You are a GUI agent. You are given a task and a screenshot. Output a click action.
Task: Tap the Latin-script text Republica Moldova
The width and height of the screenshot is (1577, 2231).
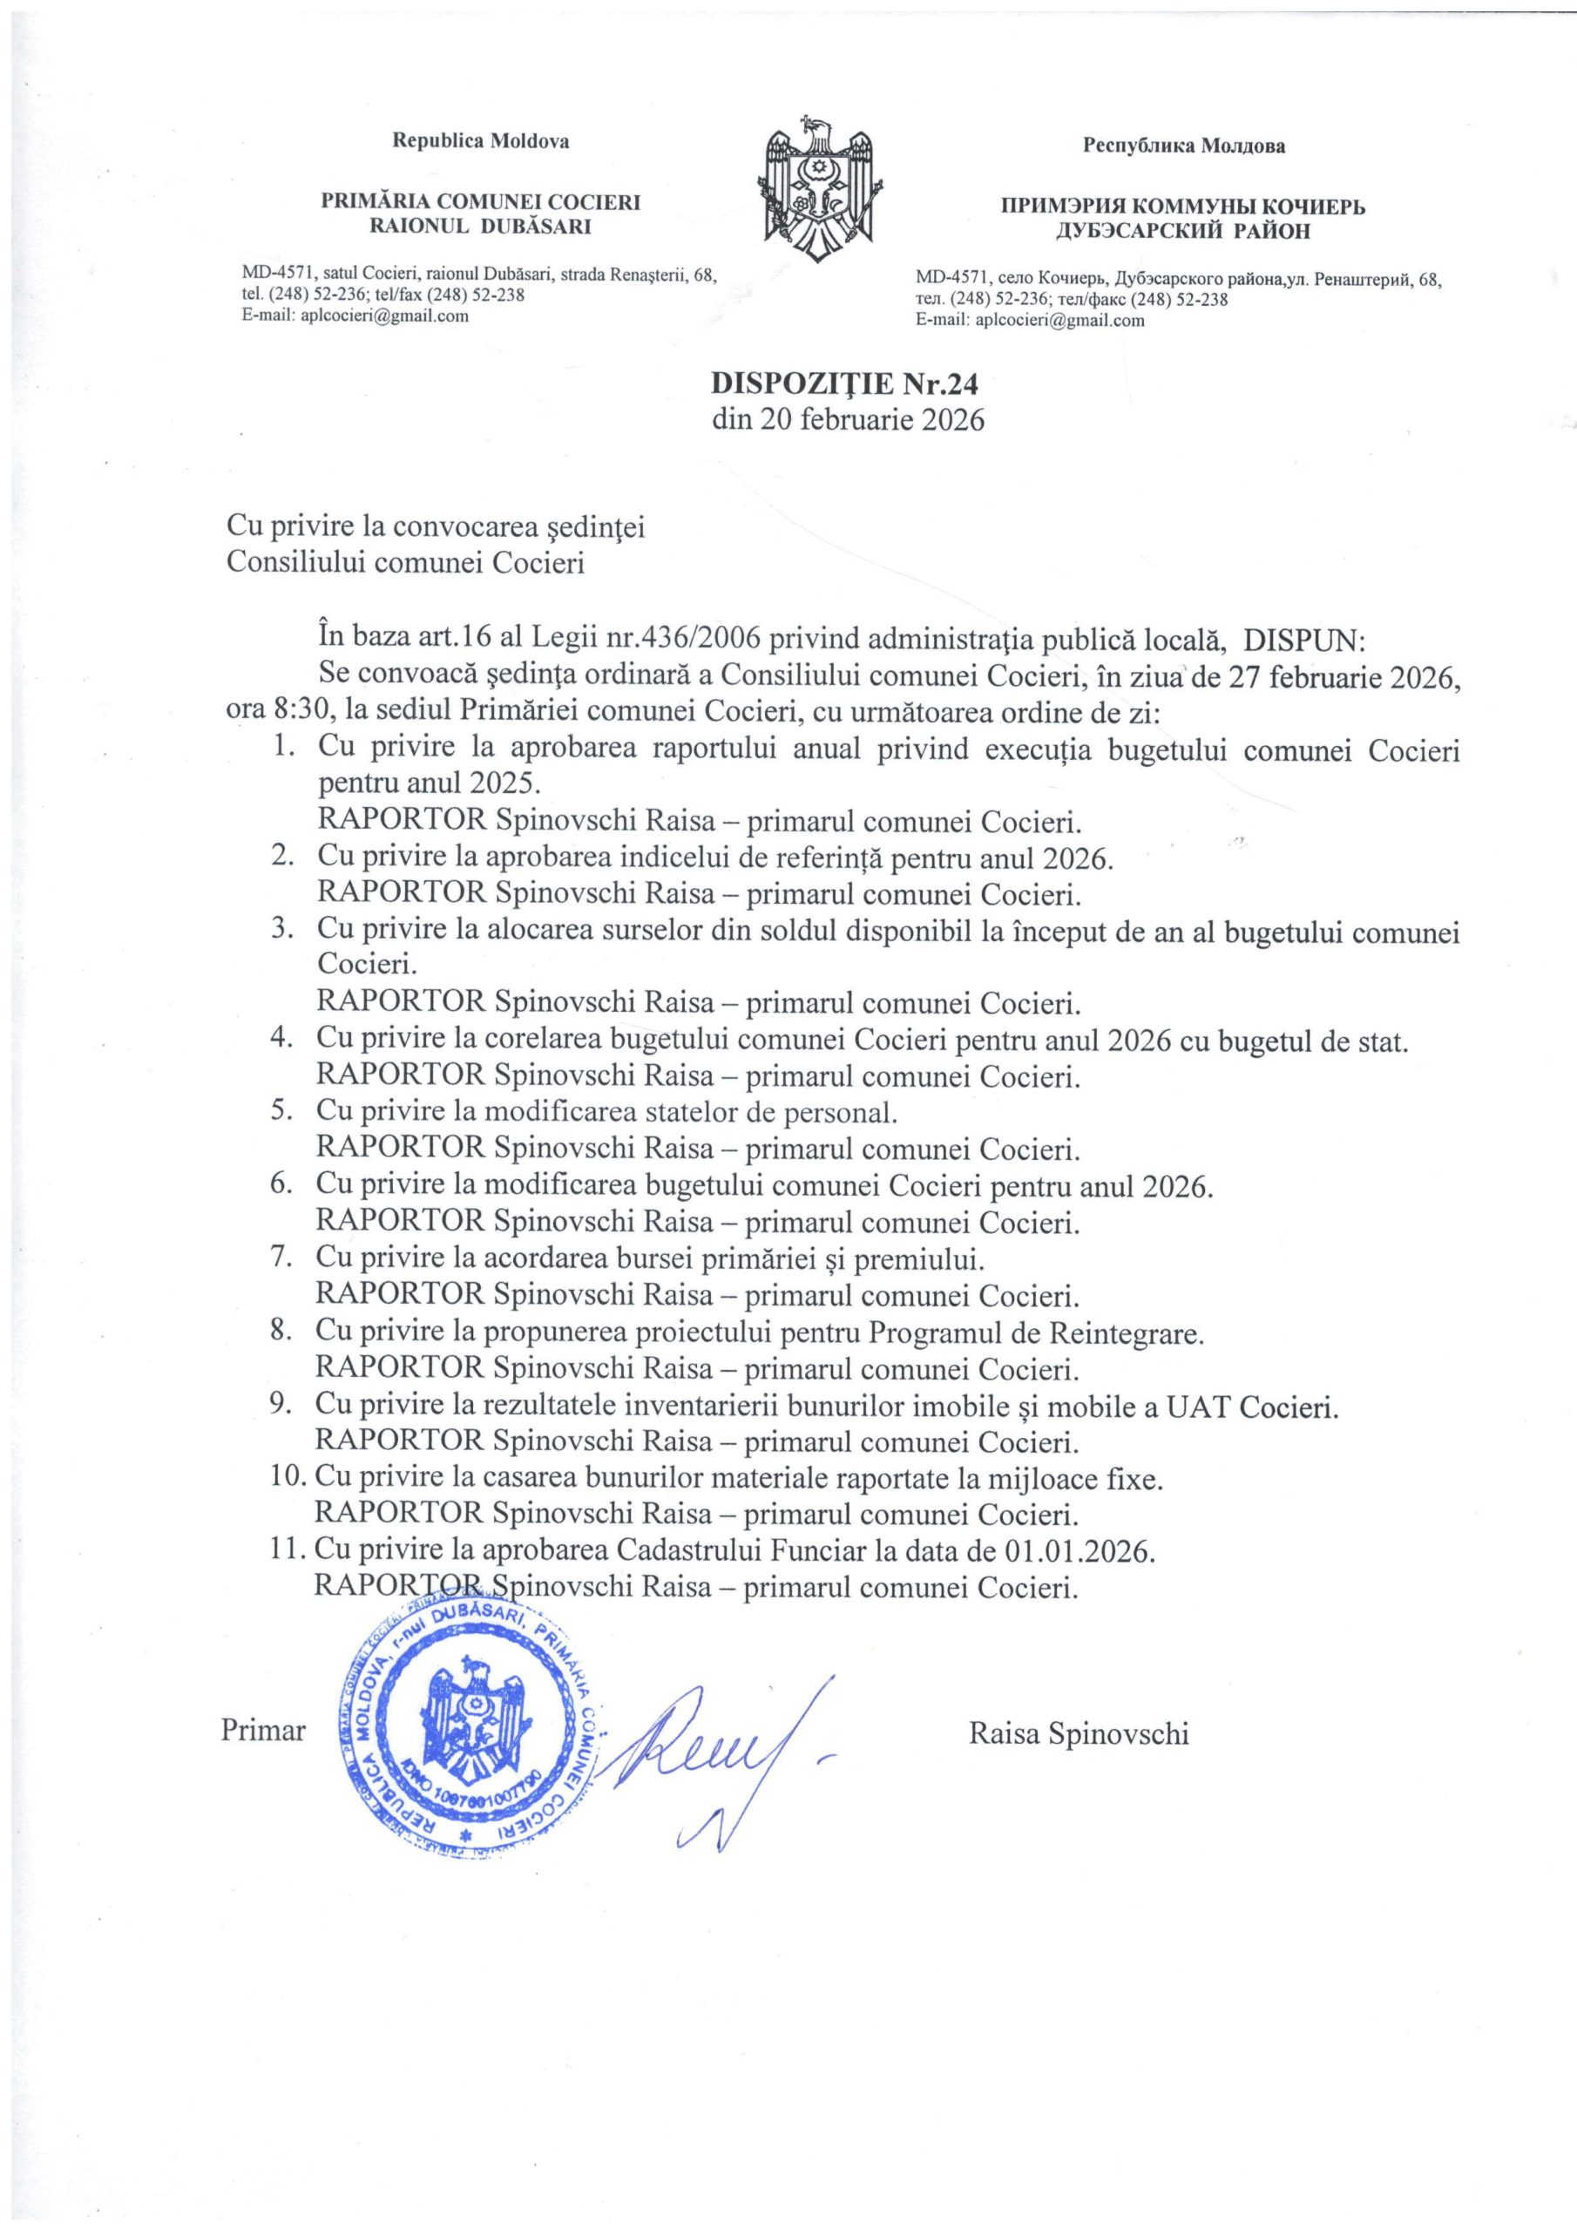tap(480, 141)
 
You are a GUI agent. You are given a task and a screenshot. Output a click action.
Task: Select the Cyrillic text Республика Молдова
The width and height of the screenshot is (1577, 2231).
tap(1183, 146)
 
